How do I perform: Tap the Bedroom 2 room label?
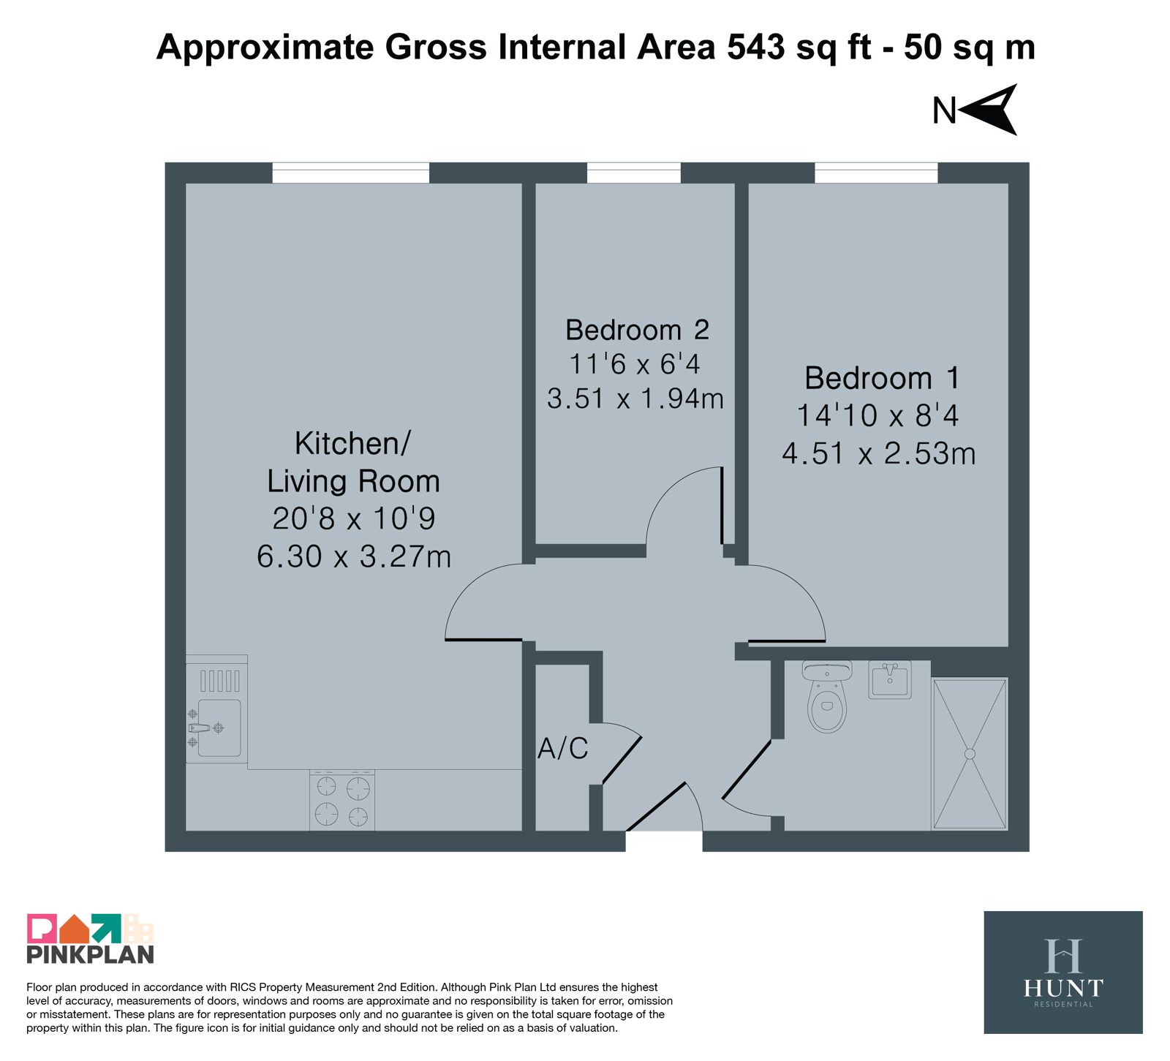click(x=637, y=330)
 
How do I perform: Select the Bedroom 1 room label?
click(x=881, y=378)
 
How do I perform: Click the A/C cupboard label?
click(x=562, y=749)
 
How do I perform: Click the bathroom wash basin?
click(x=890, y=679)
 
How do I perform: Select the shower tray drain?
click(x=970, y=754)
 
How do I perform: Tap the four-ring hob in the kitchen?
click(x=342, y=801)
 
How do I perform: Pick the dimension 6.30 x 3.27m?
click(x=354, y=557)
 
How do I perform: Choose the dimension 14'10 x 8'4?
click(x=877, y=416)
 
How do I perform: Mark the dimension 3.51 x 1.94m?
click(x=635, y=399)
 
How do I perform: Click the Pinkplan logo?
click(x=91, y=939)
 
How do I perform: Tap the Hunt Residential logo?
click(x=1063, y=972)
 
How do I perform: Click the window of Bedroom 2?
click(x=634, y=173)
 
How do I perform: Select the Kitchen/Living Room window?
click(x=351, y=173)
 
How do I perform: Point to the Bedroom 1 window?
click(x=876, y=173)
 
